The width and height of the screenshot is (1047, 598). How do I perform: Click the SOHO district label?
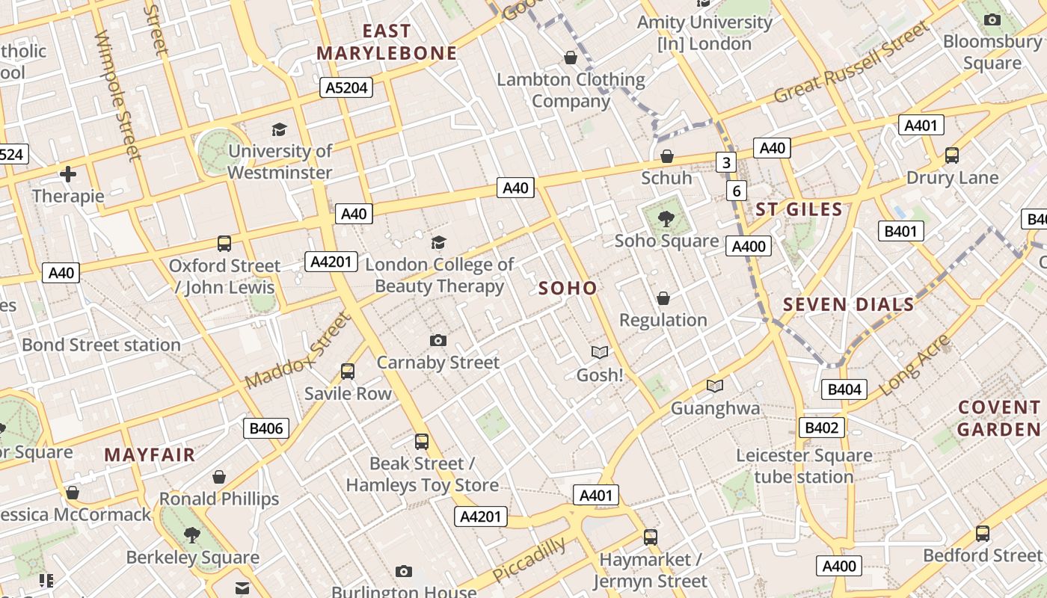568,289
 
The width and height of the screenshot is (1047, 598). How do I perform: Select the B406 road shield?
266,428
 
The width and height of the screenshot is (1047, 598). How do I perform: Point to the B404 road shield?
845,389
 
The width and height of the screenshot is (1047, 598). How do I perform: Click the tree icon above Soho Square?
666,219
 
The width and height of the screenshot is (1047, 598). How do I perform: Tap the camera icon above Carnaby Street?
438,341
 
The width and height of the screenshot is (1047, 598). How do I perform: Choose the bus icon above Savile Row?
347,372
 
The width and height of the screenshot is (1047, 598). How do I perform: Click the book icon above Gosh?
599,352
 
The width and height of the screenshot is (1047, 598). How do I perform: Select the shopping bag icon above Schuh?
666,156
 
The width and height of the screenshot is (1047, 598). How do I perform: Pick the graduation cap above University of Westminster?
279,129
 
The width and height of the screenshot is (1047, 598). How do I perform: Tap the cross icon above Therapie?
68,175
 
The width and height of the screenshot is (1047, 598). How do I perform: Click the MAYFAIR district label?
150,454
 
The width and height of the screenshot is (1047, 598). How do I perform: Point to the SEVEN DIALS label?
848,304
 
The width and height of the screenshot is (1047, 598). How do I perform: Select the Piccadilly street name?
529,560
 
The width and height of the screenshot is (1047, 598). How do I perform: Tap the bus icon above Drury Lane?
952,155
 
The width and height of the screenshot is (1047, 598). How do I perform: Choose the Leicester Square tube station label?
804,466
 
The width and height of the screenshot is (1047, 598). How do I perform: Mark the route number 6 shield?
737,191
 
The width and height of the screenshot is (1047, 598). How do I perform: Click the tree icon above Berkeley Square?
192,534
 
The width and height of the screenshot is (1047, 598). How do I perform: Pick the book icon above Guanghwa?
715,386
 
